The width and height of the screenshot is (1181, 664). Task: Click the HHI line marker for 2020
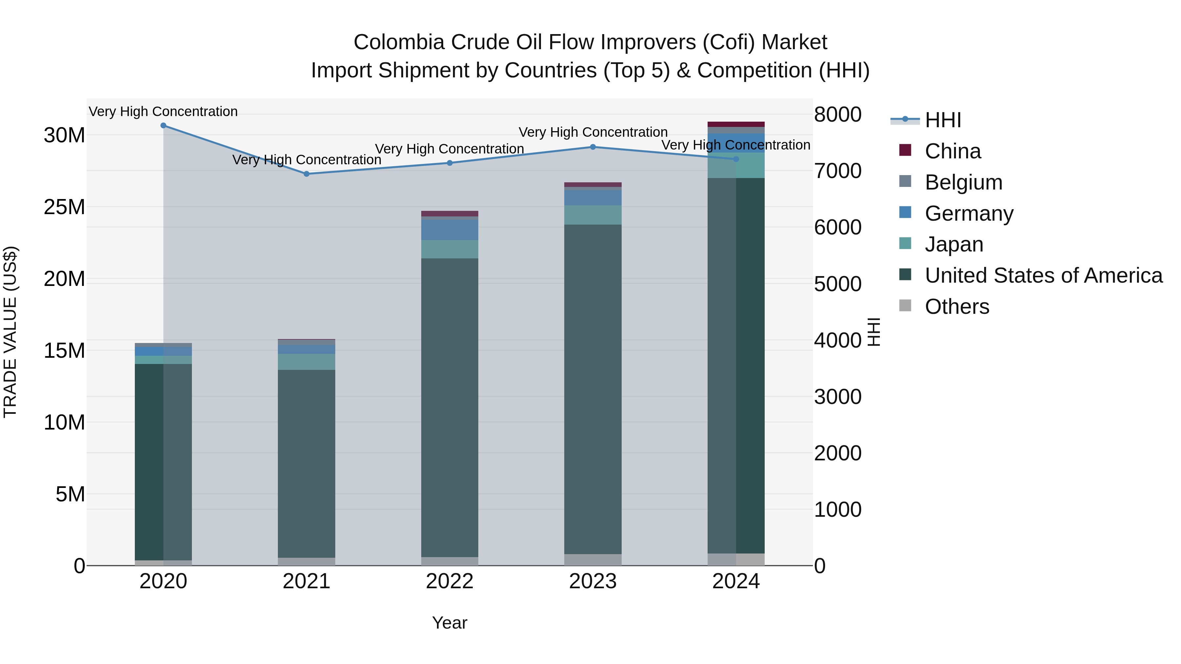click(163, 126)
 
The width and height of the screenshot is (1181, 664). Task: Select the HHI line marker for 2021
click(307, 174)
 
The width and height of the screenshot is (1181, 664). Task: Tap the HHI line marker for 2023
click(593, 147)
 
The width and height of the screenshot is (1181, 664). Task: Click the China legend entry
click(952, 151)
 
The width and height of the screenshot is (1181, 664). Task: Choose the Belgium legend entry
click(963, 182)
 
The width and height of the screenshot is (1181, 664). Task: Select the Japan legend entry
click(954, 244)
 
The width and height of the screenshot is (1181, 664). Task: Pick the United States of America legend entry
click(1043, 275)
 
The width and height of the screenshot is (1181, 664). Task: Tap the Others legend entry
click(957, 307)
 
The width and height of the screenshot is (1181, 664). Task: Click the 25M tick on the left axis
click(64, 207)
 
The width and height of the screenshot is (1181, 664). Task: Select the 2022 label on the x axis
click(449, 581)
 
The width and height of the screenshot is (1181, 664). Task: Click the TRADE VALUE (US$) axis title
click(10, 332)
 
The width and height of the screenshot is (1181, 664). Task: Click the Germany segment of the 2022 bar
click(450, 230)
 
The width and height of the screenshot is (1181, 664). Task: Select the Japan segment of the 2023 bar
click(593, 215)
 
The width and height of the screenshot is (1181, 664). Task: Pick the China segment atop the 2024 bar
click(736, 124)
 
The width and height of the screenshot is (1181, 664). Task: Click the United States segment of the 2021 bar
click(307, 463)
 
